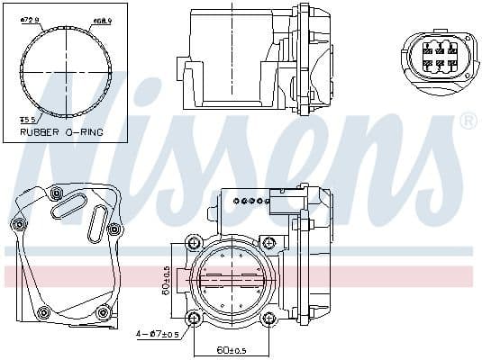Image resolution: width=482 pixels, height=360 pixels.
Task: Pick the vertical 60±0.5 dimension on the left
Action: coord(168,280)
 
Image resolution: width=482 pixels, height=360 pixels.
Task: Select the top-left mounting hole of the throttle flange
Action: coord(191,243)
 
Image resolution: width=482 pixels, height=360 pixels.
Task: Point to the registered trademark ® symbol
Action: coord(468,120)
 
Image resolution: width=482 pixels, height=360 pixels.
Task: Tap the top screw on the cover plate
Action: coord(56,193)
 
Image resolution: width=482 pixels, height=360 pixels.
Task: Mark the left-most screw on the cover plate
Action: coord(18,223)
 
